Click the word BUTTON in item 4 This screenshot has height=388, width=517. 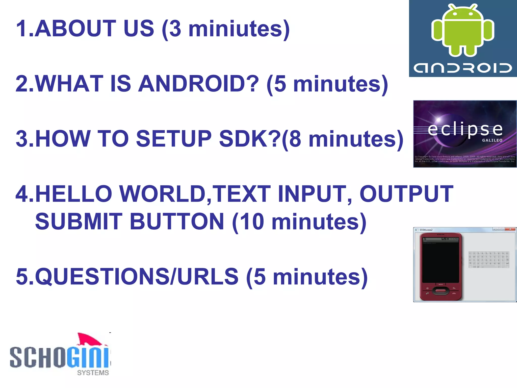(177, 222)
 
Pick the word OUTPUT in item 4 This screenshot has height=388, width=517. (406, 194)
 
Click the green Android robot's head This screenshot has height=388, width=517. (462, 14)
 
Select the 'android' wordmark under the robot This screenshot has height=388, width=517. (462, 68)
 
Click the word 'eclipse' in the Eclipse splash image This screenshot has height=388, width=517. (465, 129)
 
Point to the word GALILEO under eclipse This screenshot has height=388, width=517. (492, 140)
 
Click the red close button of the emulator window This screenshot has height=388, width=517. (510, 229)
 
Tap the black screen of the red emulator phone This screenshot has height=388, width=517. (441, 263)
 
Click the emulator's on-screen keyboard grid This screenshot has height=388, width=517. (489, 259)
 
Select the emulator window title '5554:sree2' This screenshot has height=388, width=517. (426, 230)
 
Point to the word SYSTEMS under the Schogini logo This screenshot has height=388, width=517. (93, 373)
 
